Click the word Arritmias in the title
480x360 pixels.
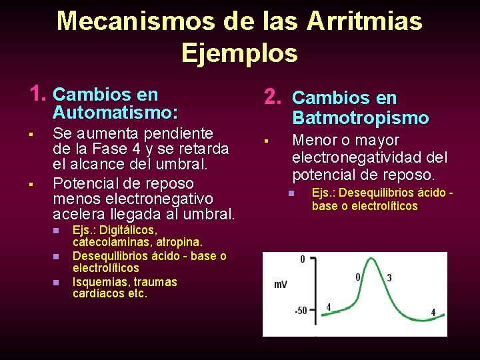[x=364, y=21]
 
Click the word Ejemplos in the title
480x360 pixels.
[x=239, y=52]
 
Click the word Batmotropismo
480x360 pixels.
[x=360, y=118]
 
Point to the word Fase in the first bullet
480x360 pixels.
[x=106, y=149]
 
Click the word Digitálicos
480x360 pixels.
[x=127, y=231]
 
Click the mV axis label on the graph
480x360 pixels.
[x=281, y=285]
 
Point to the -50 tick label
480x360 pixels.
[x=301, y=311]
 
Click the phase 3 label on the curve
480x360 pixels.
[x=389, y=277]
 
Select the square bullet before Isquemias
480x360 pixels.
[x=57, y=283]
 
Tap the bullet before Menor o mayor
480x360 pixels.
[x=265, y=141]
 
